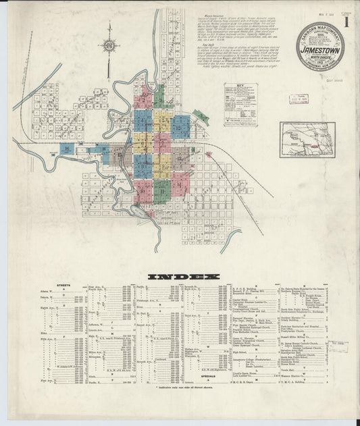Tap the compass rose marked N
pyautogui.click(x=109, y=47)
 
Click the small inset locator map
pyautogui.click(x=307, y=140)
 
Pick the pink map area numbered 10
pyautogui.click(x=143, y=191)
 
